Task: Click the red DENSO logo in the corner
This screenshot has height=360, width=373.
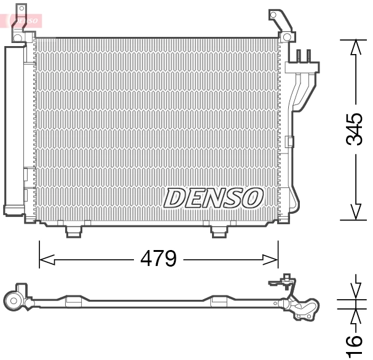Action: (x=23, y=20)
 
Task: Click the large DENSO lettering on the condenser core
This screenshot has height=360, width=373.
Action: (x=213, y=198)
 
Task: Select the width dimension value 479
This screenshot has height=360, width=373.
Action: (x=158, y=259)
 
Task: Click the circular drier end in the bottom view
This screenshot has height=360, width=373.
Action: (x=13, y=300)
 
